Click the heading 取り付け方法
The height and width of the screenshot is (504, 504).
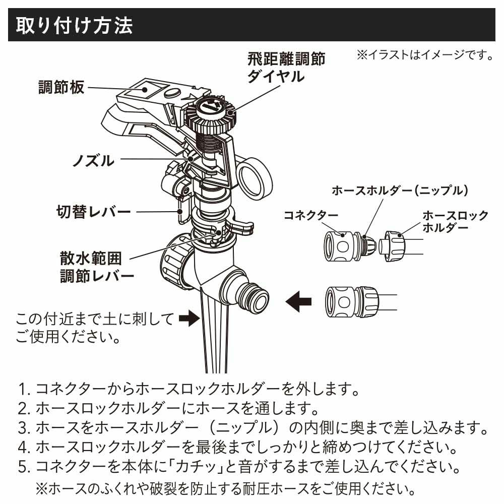(75, 26)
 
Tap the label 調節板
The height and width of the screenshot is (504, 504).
(61, 87)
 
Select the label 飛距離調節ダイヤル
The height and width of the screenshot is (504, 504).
(285, 68)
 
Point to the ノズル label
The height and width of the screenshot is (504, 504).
(93, 161)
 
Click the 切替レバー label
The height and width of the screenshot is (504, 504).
(93, 211)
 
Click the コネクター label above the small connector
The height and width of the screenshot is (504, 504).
(310, 215)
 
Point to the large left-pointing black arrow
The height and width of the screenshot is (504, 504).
(298, 302)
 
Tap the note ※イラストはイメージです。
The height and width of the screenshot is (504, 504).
(424, 54)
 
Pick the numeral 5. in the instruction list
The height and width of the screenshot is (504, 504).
(25, 468)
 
